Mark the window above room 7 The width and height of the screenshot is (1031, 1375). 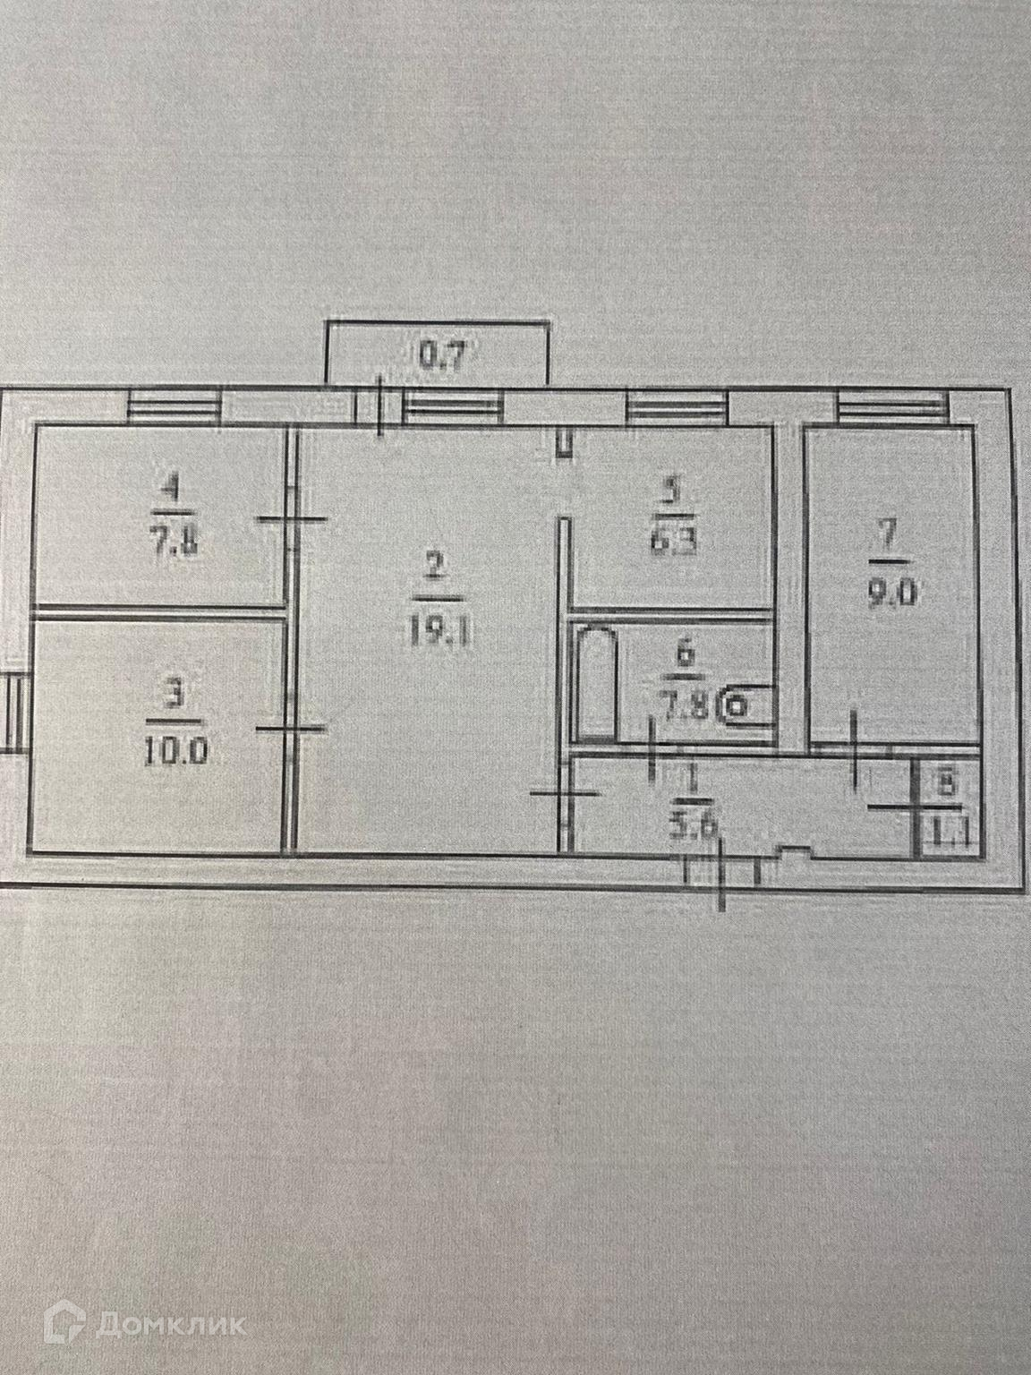(x=891, y=408)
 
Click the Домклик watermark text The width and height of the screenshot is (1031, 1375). (x=174, y=1323)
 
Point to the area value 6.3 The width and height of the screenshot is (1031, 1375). (x=677, y=543)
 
